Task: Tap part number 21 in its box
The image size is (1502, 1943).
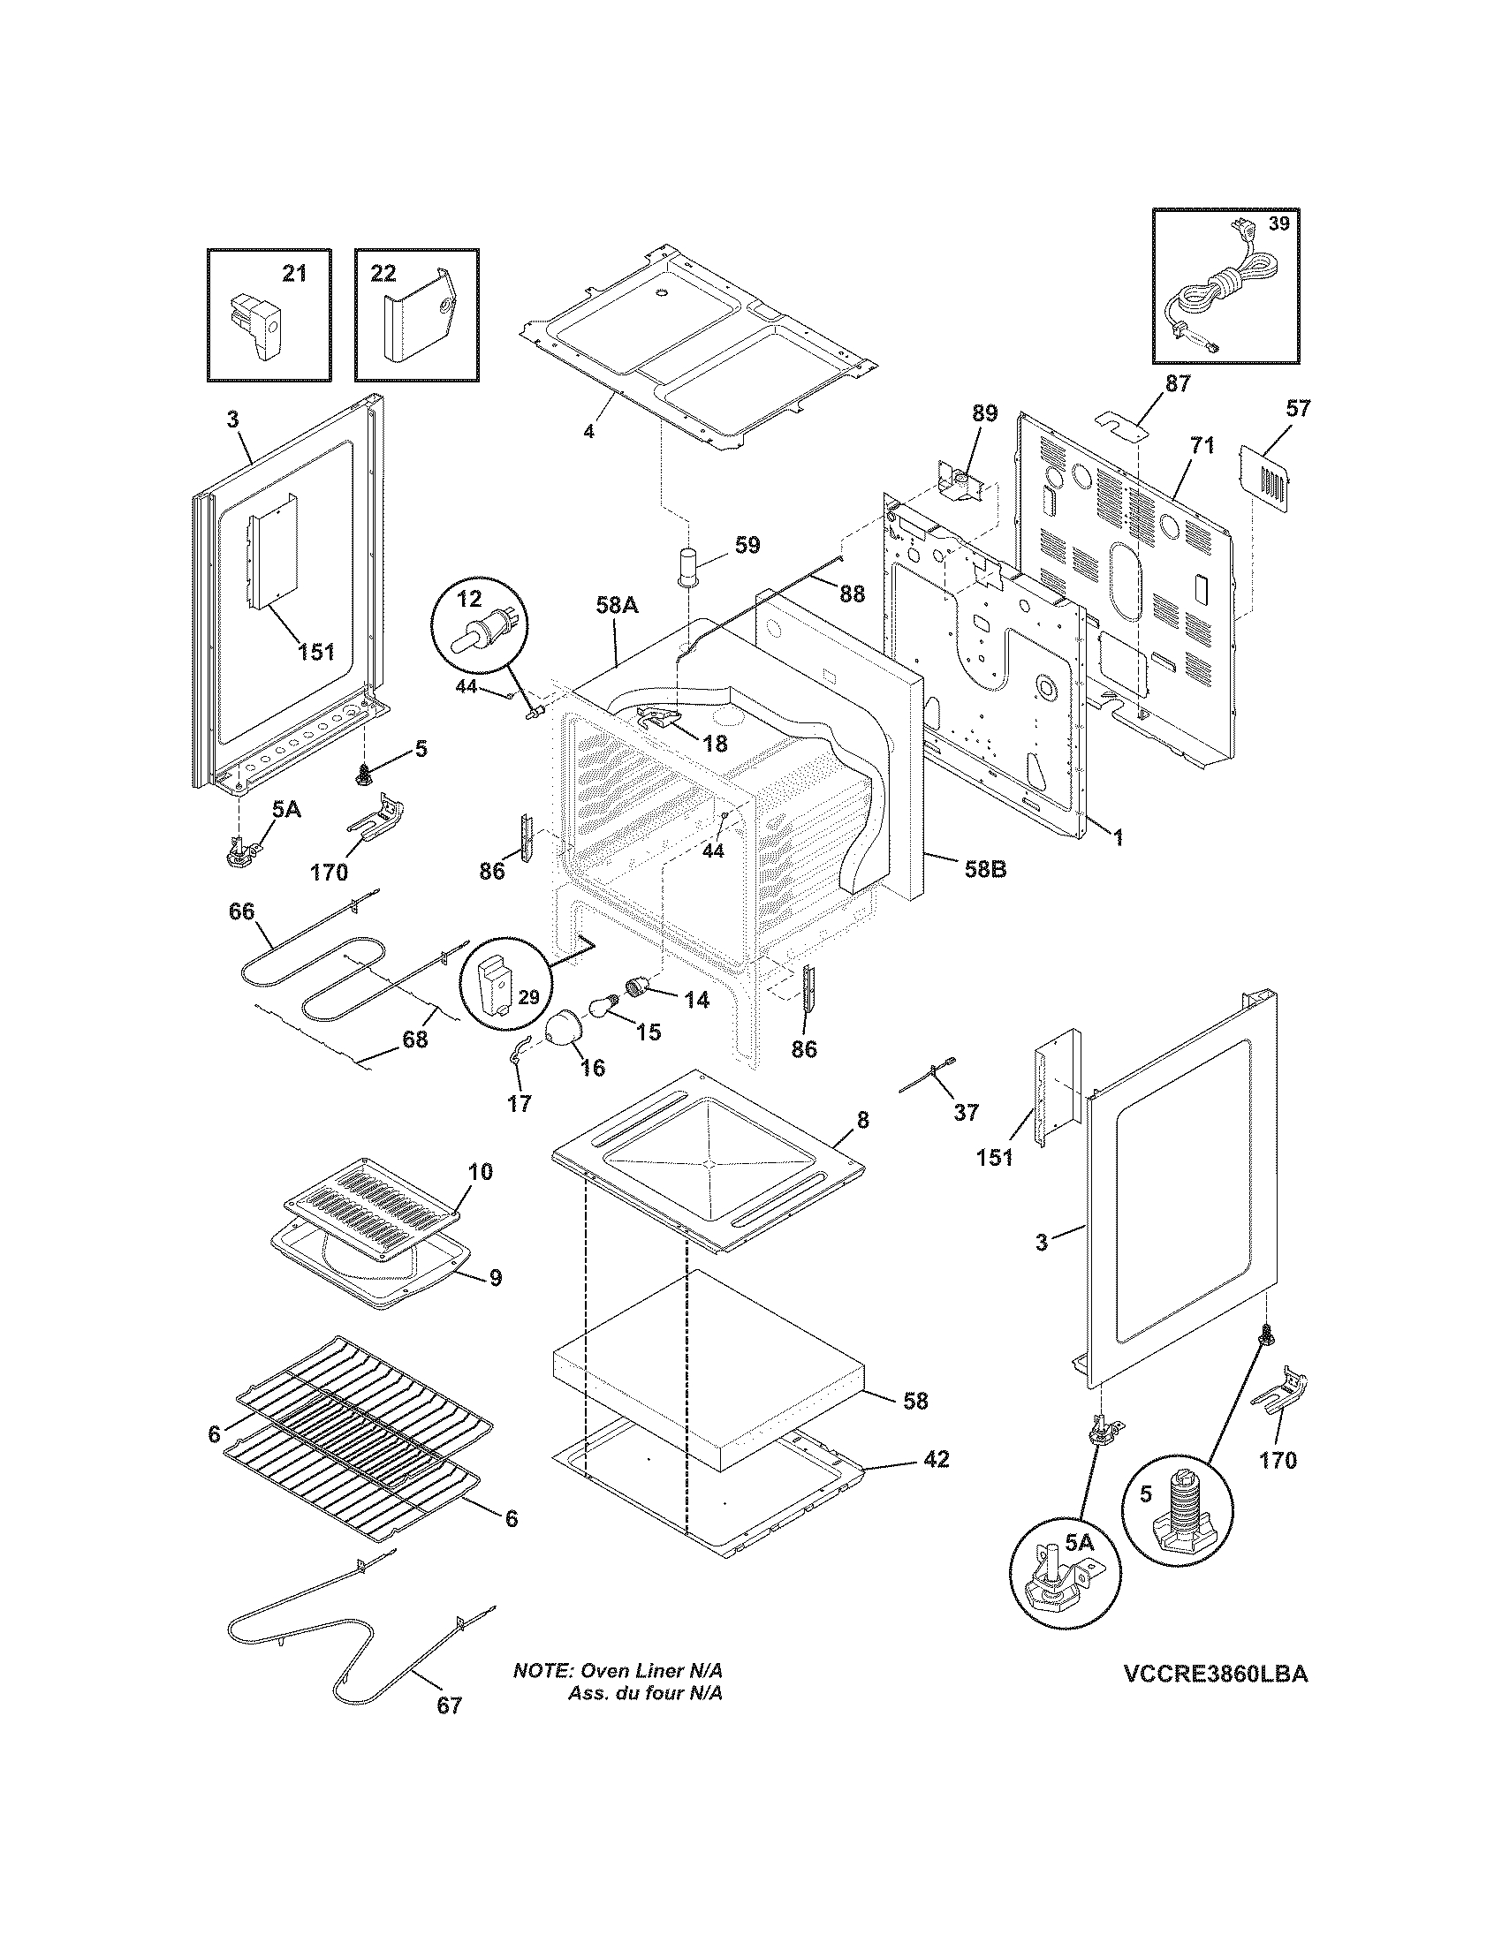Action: (293, 274)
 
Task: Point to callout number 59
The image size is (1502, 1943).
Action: (747, 544)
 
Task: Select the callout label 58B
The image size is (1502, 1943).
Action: (985, 869)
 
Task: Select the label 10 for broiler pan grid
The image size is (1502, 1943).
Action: (480, 1172)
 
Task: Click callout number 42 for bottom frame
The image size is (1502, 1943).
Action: (936, 1460)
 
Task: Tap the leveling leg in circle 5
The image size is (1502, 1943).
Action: (1178, 1507)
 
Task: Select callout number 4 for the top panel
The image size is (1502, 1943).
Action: (588, 433)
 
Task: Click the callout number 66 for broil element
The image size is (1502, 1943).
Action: (241, 911)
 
